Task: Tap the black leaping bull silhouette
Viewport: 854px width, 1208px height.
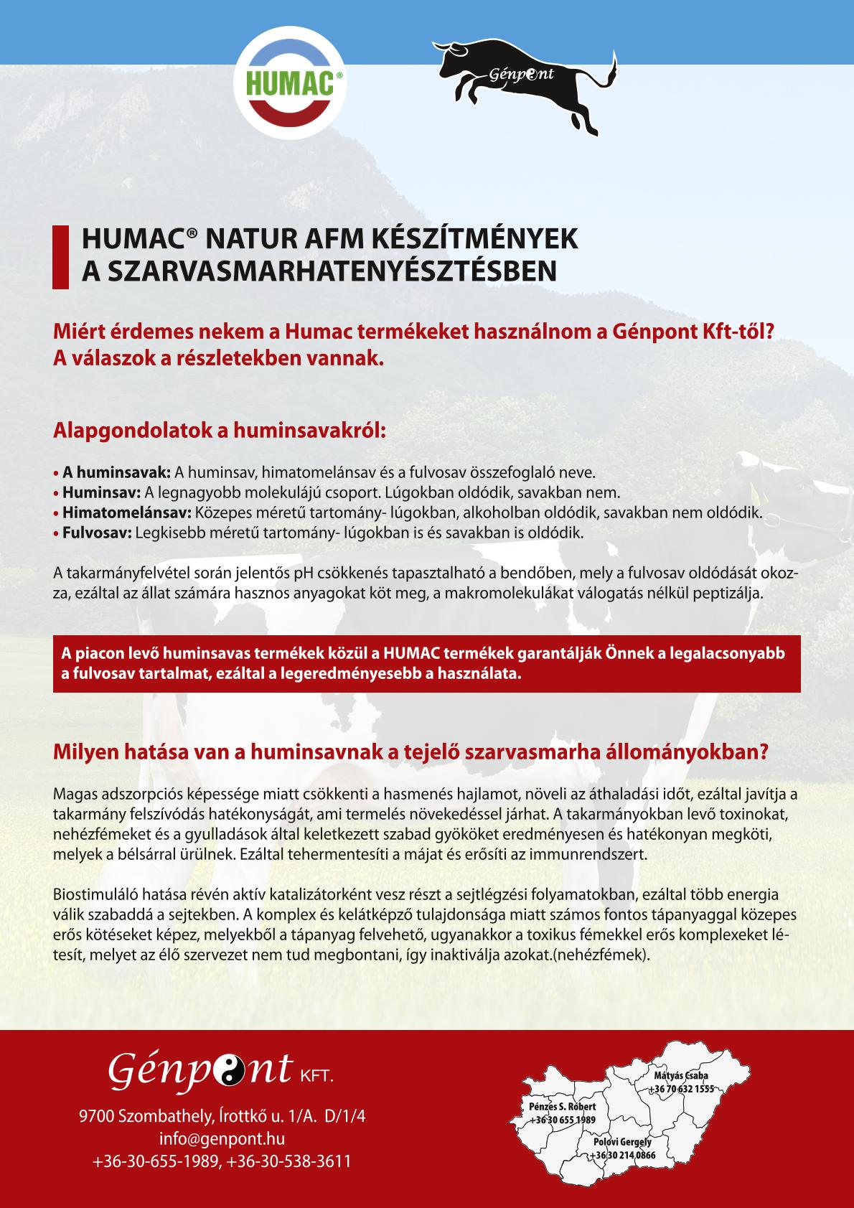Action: [527, 83]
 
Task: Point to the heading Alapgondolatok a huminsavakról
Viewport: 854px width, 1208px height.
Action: [220, 431]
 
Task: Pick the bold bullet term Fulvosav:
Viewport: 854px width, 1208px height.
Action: [93, 533]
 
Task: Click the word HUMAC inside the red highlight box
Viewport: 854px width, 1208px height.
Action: [408, 654]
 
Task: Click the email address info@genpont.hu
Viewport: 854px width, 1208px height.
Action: [222, 1138]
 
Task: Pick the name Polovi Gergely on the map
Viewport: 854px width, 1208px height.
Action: [622, 1141]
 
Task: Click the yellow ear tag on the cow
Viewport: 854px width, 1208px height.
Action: [761, 495]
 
